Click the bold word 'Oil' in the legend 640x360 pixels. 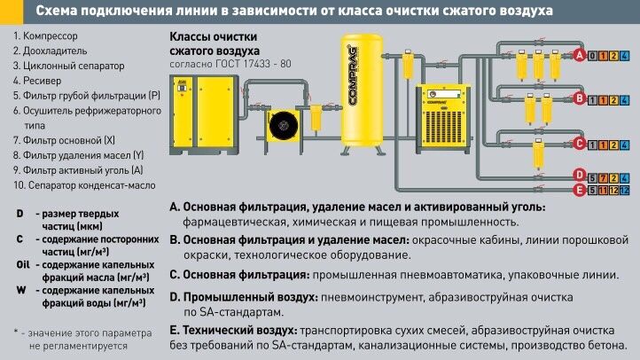[23, 264]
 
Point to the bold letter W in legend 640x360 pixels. [20, 290]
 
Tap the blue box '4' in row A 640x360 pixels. [626, 56]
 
